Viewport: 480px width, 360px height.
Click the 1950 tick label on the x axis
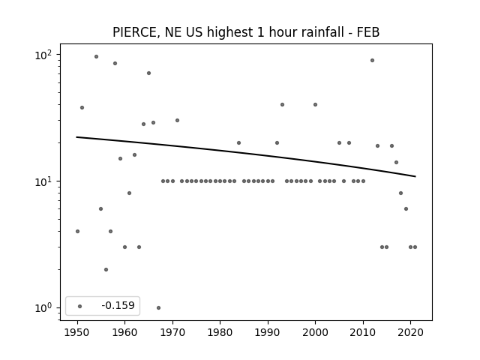(77, 332)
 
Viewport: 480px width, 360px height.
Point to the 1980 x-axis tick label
(220, 332)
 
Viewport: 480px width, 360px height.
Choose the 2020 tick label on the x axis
(410, 332)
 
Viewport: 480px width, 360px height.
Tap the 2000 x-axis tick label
(315, 332)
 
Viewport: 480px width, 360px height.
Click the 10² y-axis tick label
(43, 55)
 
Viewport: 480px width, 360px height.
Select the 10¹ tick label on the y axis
(43, 181)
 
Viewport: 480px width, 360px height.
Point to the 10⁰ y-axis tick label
(43, 308)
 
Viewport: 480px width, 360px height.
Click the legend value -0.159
(118, 305)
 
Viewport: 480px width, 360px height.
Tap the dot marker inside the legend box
(80, 306)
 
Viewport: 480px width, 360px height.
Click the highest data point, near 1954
(97, 57)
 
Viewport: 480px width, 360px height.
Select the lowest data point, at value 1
(158, 307)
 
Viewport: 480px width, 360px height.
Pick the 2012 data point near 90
(372, 60)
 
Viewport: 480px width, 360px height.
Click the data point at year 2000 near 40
(315, 105)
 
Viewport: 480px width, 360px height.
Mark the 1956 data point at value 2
(106, 270)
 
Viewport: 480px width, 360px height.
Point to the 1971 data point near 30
(177, 120)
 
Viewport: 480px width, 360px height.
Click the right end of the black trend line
(415, 176)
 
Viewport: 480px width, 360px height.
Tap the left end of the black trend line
(76, 136)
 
